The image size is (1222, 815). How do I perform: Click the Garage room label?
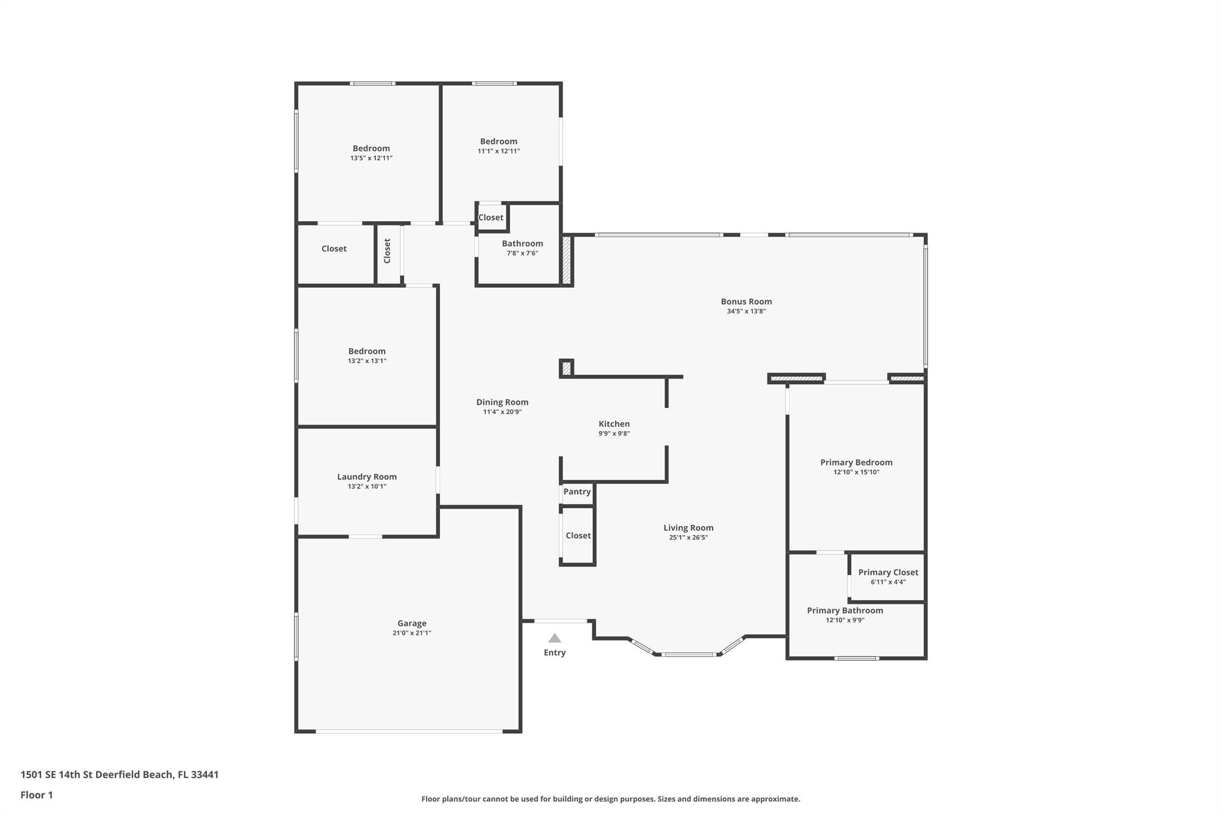pyautogui.click(x=412, y=623)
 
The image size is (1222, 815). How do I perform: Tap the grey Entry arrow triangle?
pyautogui.click(x=555, y=638)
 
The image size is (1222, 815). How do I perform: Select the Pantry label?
pyautogui.click(x=577, y=491)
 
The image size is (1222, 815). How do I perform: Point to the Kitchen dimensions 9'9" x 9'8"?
pyautogui.click(x=614, y=433)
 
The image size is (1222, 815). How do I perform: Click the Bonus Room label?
pyautogui.click(x=746, y=302)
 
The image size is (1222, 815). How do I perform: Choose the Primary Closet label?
pyautogui.click(x=888, y=572)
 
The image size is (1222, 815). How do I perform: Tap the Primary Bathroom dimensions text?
pyautogui.click(x=845, y=620)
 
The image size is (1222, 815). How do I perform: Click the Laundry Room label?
pyautogui.click(x=367, y=476)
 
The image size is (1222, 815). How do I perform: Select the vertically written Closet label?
pyautogui.click(x=387, y=251)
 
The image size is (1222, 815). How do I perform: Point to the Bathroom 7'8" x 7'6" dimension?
pyautogui.click(x=522, y=253)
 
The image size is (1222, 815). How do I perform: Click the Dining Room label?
pyautogui.click(x=502, y=402)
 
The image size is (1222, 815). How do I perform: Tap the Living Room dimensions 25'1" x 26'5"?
pyautogui.click(x=689, y=537)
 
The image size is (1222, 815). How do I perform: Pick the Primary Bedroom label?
pyautogui.click(x=856, y=462)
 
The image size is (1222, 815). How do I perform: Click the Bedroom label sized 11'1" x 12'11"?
pyautogui.click(x=499, y=142)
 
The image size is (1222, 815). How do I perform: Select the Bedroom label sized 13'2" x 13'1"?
pyautogui.click(x=367, y=351)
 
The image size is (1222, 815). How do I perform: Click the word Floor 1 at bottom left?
pyautogui.click(x=36, y=795)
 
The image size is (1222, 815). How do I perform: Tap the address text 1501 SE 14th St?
pyautogui.click(x=61, y=774)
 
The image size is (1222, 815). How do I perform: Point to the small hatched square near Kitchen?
pyautogui.click(x=566, y=368)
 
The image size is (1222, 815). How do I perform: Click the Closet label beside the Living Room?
pyautogui.click(x=578, y=536)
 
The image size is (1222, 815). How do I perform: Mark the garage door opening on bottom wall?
pyautogui.click(x=409, y=731)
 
